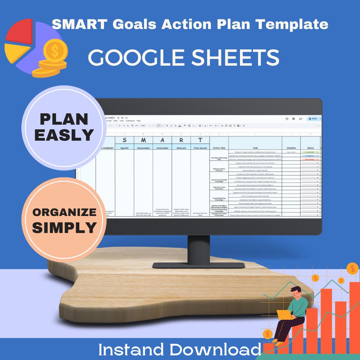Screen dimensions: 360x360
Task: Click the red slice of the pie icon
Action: coord(20,32)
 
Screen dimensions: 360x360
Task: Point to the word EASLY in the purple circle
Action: coord(64,135)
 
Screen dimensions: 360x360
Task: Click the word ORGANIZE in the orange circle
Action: coord(64,212)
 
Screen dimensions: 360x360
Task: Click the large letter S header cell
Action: coord(124,140)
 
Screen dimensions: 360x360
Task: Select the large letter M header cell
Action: coord(143,140)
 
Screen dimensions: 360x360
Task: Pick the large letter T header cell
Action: coord(200,140)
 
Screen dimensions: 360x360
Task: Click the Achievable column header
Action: coord(162,148)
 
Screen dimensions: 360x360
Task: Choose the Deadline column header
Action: coord(291,148)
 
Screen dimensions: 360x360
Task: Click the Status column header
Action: coord(310,148)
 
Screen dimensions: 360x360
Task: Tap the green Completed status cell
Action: coord(310,152)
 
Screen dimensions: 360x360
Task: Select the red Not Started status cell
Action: coord(310,159)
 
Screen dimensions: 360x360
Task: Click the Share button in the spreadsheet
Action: coord(313,119)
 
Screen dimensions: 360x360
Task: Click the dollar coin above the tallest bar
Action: coord(352,268)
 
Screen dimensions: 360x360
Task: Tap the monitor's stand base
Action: coord(199,265)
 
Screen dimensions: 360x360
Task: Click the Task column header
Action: coord(255,148)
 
